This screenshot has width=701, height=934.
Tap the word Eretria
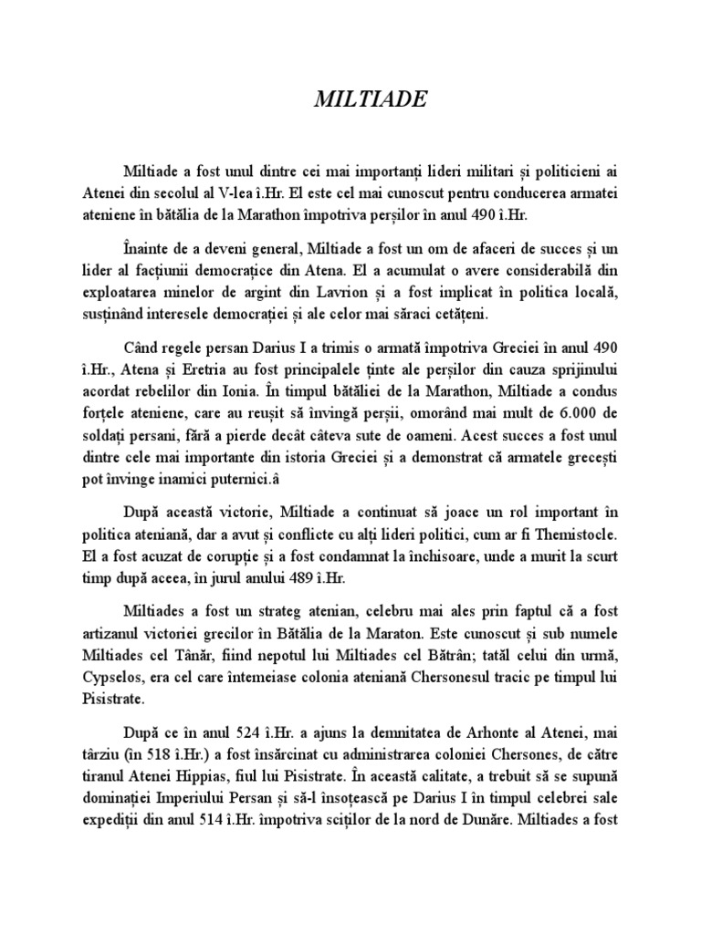(x=223, y=374)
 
